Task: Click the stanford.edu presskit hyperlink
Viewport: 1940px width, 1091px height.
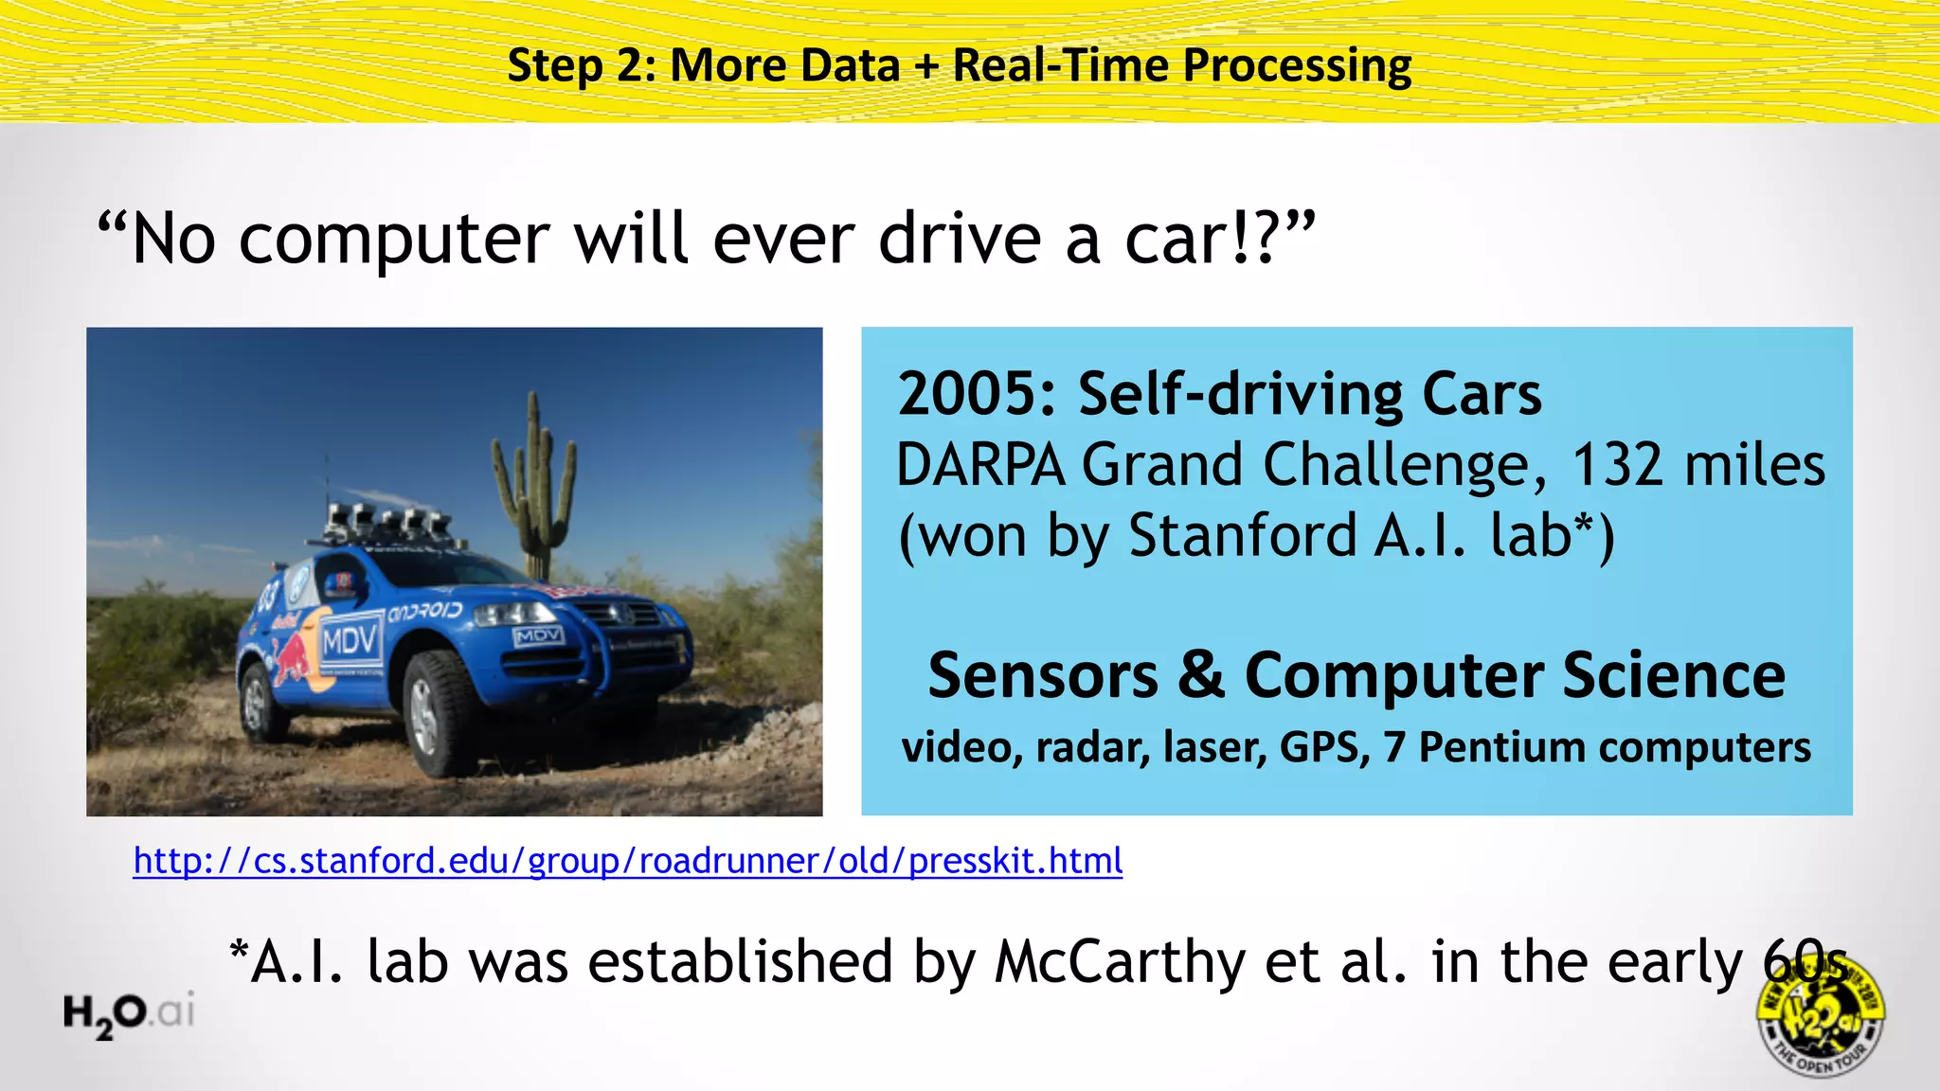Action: point(627,860)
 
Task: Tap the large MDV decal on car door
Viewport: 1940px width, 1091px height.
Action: point(350,642)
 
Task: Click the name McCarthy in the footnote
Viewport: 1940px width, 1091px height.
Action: point(1121,962)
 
